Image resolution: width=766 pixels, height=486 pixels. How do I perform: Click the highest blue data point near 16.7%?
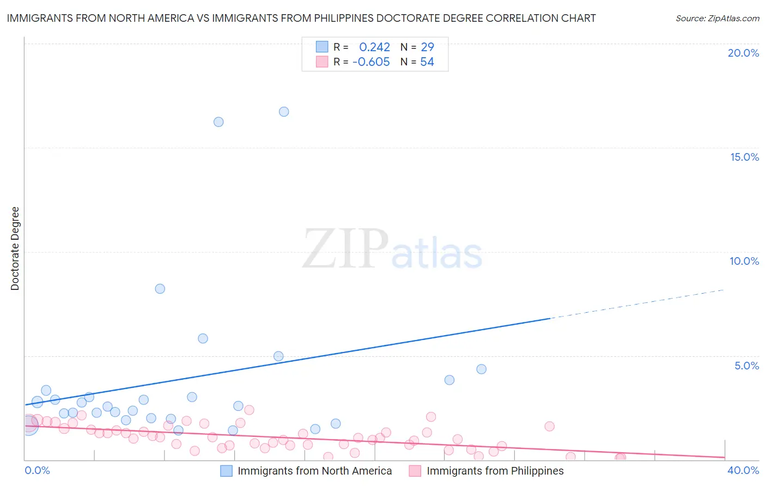284,112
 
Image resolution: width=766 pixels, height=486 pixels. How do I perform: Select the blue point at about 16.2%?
218,122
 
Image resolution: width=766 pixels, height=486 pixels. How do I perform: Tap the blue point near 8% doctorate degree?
160,289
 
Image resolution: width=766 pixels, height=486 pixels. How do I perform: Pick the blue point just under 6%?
203,338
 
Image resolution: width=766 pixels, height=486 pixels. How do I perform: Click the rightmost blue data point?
481,369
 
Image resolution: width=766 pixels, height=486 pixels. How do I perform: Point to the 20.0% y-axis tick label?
743,53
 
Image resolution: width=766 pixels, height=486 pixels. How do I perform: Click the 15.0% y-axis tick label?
744,157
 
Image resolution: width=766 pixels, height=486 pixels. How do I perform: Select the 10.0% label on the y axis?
744,261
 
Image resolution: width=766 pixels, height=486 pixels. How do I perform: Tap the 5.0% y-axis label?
746,366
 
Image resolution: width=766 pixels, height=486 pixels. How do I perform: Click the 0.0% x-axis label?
37,470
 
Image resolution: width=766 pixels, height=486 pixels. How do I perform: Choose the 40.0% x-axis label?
743,470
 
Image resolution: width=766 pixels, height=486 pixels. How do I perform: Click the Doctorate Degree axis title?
15,248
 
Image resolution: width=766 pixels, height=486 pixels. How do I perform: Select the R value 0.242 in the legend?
374,47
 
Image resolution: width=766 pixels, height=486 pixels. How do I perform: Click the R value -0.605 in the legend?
371,62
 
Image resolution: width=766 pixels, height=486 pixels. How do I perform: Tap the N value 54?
427,62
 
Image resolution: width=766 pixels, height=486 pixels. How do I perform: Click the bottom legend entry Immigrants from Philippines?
495,471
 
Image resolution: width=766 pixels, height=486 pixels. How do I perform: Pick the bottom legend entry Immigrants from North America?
314,471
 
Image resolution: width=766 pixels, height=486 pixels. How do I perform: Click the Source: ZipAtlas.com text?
717,19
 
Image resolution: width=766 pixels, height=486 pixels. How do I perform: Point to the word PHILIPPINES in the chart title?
343,18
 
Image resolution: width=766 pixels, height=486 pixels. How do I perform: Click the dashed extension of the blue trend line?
637,304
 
